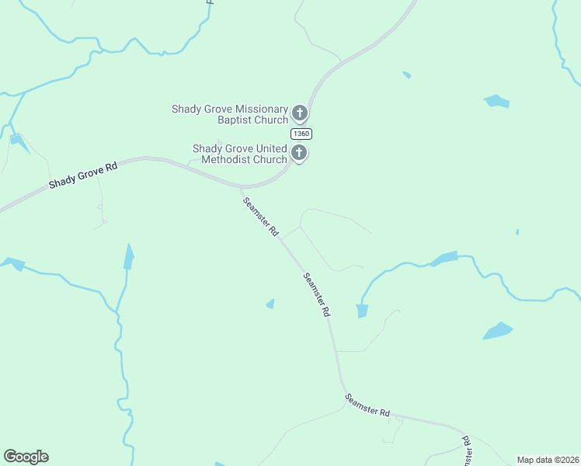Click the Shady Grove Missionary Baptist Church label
pyautogui.click(x=230, y=114)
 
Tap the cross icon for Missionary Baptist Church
pyautogui.click(x=300, y=115)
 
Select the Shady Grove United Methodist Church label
pyautogui.click(x=240, y=154)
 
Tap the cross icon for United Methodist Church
pyautogui.click(x=299, y=153)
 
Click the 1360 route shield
pyautogui.click(x=301, y=134)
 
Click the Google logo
pyautogui.click(x=26, y=457)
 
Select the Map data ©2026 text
pyautogui.click(x=548, y=460)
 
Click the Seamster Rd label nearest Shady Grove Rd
pyautogui.click(x=260, y=217)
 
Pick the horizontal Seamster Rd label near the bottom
pyautogui.click(x=367, y=405)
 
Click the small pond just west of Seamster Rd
pyautogui.click(x=270, y=304)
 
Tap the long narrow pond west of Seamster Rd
pyautogui.click(x=128, y=256)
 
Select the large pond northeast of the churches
pyautogui.click(x=496, y=101)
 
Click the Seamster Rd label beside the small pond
pyautogui.click(x=317, y=294)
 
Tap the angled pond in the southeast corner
pyautogui.click(x=497, y=331)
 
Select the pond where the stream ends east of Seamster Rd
pyautogui.click(x=361, y=311)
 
